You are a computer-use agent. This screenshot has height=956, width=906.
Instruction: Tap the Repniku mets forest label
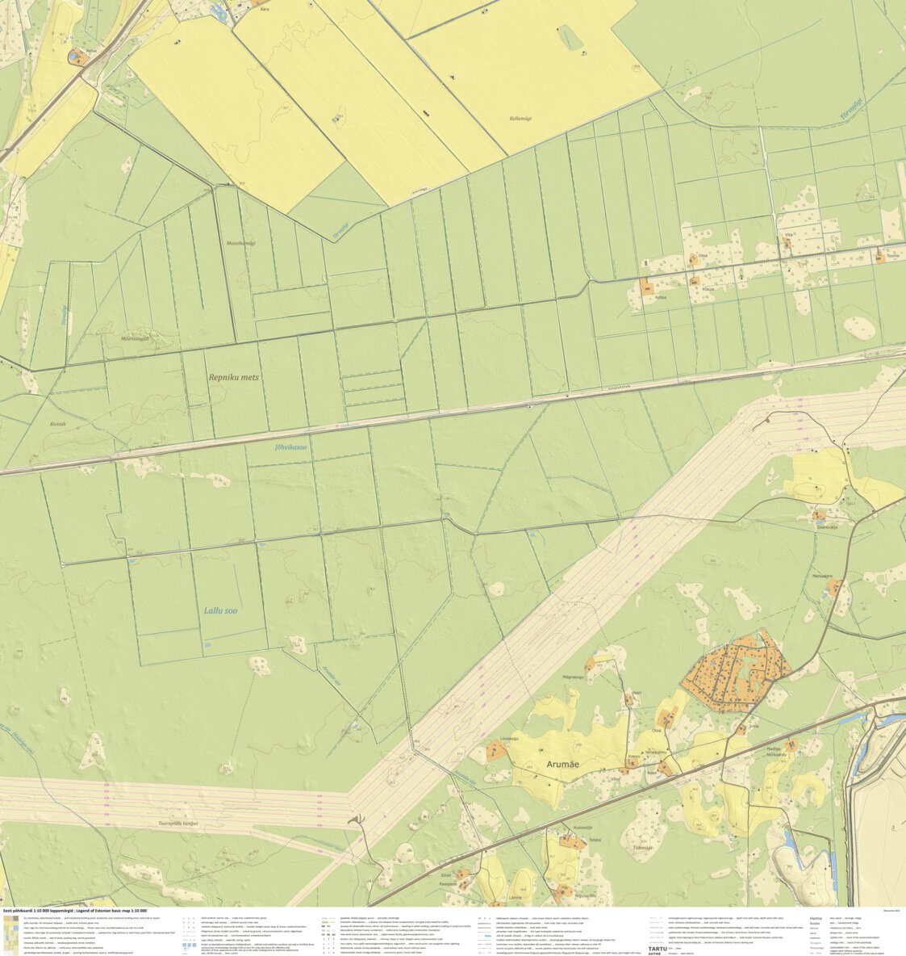tap(234, 377)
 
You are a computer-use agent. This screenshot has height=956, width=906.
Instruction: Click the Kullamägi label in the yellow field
tap(525, 119)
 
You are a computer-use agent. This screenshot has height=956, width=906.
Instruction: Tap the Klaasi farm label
tap(708, 287)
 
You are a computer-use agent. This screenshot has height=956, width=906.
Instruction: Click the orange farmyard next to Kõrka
tap(646, 286)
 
